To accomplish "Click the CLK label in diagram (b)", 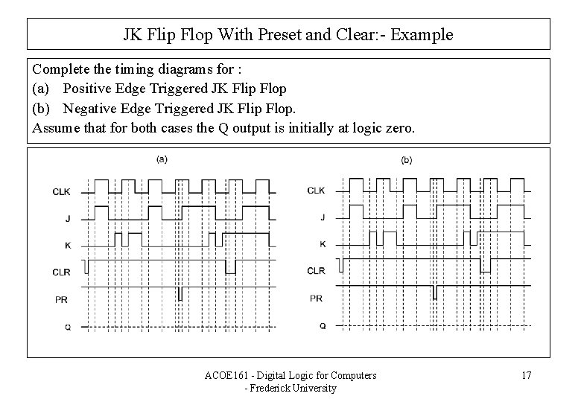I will click(x=317, y=191).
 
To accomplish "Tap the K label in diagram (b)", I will click(x=323, y=243).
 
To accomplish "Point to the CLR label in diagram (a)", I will click(x=63, y=272).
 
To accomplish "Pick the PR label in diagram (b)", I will click(x=317, y=298).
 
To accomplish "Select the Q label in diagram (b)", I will click(x=323, y=325).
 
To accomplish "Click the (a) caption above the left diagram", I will click(x=161, y=159).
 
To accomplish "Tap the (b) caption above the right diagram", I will click(x=407, y=159).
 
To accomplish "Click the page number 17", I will click(x=526, y=375).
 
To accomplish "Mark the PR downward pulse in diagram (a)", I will click(x=180, y=293).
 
